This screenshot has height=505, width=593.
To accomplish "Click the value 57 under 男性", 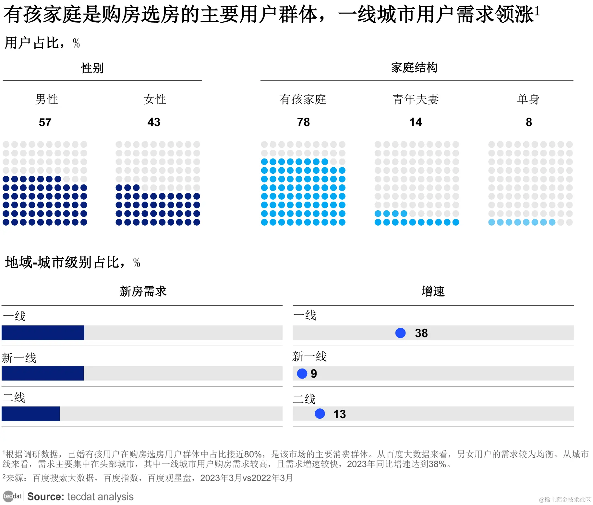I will click(x=45, y=123).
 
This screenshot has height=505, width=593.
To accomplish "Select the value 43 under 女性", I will click(x=154, y=122).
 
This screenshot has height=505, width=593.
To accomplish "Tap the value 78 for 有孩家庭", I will click(x=303, y=122).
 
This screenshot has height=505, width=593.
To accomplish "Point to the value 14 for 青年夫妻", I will click(x=416, y=122).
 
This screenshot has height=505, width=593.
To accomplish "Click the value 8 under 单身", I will click(x=529, y=122).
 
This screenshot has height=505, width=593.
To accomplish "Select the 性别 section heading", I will click(x=92, y=68).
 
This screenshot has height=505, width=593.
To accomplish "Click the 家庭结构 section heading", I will click(x=414, y=67).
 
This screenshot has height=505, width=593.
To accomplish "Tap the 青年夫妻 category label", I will click(x=416, y=99).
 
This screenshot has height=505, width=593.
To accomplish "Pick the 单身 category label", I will click(x=528, y=99).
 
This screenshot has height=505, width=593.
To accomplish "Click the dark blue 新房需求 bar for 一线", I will click(x=43, y=333).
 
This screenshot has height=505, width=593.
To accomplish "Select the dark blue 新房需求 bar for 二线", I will click(x=31, y=414).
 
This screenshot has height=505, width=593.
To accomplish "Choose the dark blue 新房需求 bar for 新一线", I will click(x=42, y=373).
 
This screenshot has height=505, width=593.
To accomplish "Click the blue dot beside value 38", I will click(x=400, y=333).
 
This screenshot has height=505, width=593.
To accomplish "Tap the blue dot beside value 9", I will click(x=302, y=373).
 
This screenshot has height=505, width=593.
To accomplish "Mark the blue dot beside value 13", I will click(x=320, y=414).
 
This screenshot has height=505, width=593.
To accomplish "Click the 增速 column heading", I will click(x=433, y=291).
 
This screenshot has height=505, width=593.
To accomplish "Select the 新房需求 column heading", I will click(x=143, y=291).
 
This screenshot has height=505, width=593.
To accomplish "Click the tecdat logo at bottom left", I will click(x=12, y=496).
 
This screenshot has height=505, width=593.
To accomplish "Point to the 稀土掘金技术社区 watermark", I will click(x=565, y=499).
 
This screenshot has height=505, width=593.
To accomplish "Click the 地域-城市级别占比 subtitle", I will click(x=65, y=262).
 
